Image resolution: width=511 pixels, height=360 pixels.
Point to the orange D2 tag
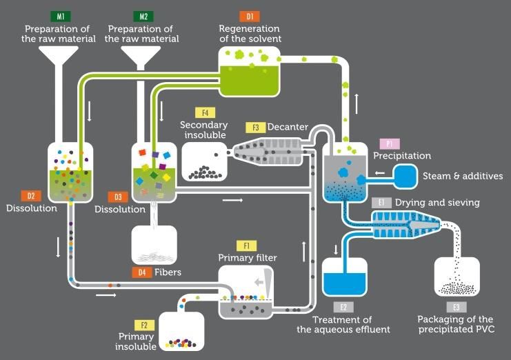click(32, 195)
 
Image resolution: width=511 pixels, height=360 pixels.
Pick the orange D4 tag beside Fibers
click(142, 272)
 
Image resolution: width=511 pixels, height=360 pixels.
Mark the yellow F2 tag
click(143, 325)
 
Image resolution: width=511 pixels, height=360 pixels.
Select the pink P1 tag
click(388, 143)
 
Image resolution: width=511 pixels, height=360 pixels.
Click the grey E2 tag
click(343, 308)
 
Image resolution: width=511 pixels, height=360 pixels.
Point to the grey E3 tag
click(456, 307)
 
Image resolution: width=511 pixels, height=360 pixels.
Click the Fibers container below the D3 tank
click(154, 245)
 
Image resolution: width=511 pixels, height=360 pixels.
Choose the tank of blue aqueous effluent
click(345, 279)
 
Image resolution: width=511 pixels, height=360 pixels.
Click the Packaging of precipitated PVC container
click(457, 278)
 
